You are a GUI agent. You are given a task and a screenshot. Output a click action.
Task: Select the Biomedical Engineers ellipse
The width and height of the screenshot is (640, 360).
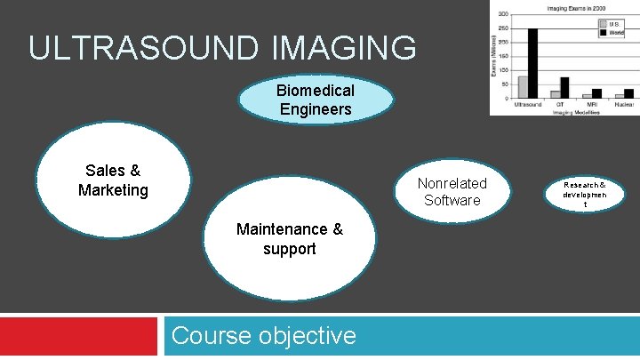[316, 100]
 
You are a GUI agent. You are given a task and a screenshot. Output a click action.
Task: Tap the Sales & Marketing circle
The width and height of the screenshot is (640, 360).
[113, 180]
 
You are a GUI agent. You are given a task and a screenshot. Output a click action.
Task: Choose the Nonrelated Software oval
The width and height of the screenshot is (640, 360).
[452, 193]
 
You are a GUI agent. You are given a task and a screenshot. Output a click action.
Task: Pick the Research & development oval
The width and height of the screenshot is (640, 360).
[584, 194]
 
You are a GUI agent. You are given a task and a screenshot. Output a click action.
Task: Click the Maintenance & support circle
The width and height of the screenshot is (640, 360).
[289, 239]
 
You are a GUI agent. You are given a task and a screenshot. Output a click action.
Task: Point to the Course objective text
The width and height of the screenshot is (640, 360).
[263, 336]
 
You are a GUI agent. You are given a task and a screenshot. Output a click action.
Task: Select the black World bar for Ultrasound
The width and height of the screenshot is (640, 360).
[532, 63]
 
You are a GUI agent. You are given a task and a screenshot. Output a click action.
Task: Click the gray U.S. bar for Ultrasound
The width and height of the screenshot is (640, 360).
[523, 86]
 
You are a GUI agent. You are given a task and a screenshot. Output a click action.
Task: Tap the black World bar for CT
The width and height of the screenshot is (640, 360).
[564, 87]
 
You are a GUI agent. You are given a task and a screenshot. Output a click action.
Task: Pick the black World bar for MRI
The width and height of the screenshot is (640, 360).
[596, 92]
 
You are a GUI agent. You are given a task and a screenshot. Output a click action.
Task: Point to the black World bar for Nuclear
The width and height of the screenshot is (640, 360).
[628, 92]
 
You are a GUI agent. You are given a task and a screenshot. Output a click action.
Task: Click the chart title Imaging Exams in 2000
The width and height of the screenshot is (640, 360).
[568, 8]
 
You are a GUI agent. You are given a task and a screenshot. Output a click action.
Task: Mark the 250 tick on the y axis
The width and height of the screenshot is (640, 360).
[504, 29]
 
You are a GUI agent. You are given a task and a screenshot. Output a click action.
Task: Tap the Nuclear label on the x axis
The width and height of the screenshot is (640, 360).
[623, 105]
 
